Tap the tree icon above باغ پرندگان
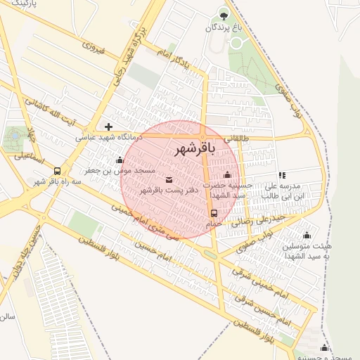point(224,15)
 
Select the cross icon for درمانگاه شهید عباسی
point(108,127)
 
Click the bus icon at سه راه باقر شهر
point(57,171)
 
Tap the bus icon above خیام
point(214,213)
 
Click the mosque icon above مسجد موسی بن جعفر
point(120,160)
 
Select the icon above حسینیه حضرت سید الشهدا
point(226,175)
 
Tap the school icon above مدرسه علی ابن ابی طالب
point(282,175)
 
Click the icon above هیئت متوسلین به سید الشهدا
point(306,236)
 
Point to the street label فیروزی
point(93,49)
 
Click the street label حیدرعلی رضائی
point(262,221)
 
